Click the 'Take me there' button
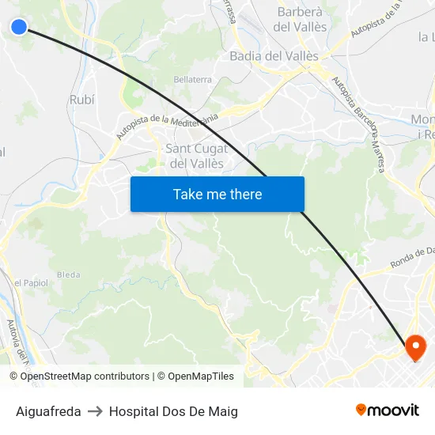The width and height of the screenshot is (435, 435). click(217, 195)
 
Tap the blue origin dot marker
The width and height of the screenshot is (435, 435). click(19, 27)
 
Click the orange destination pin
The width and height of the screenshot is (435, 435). click(415, 346)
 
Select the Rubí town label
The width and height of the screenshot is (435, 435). click(81, 100)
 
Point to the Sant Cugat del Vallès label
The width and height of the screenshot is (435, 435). click(196, 156)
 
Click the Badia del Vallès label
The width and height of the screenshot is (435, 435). click(274, 56)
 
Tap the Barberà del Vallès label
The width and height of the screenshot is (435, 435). click(300, 19)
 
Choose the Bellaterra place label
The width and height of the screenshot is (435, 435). click(192, 80)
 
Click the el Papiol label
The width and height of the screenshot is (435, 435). click(31, 282)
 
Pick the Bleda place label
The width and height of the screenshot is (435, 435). click(69, 274)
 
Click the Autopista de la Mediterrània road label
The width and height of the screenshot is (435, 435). click(167, 126)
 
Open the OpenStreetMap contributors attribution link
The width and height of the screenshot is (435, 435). click(85, 376)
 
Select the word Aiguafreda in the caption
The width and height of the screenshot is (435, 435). click(48, 411)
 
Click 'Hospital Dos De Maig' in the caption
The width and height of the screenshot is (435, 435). click(173, 411)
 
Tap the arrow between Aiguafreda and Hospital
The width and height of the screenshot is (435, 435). click(95, 411)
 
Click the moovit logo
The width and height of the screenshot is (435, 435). click(388, 410)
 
